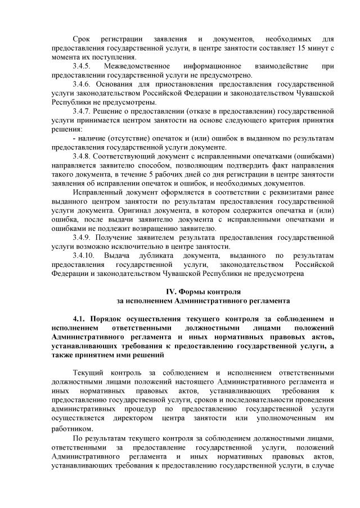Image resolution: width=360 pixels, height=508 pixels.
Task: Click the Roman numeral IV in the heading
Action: pyautogui.click(x=170, y=292)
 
